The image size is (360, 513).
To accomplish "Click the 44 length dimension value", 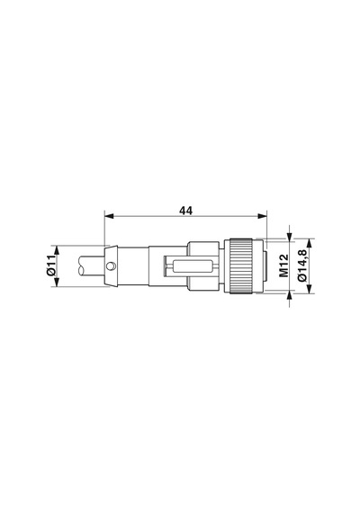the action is (185, 211).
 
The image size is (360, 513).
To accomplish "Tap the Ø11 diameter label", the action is (51, 265).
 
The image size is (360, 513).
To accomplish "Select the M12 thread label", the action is (283, 265).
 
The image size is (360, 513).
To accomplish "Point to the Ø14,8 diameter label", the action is (302, 265).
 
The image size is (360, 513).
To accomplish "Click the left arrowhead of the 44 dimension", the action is (109, 216).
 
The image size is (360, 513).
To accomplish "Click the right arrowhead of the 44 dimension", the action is (262, 216).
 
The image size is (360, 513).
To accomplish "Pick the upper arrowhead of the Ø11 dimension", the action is (57, 249).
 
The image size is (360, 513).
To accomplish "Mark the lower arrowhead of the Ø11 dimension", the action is (57, 282).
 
